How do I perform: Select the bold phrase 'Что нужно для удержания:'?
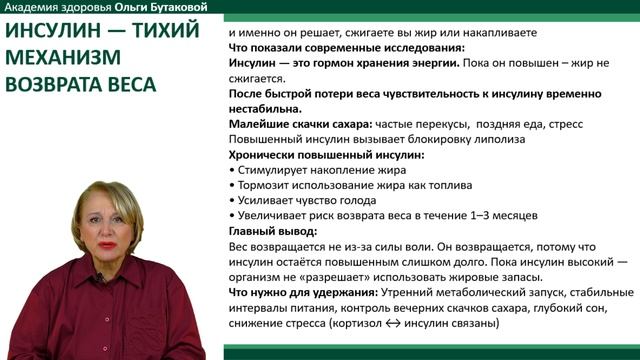click(299, 292)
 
